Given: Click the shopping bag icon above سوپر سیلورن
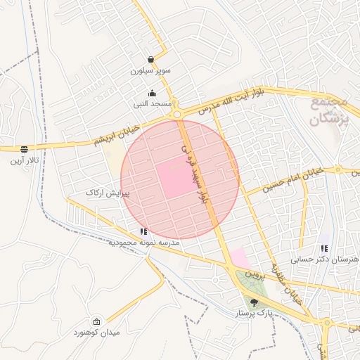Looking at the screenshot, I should pos(151,60).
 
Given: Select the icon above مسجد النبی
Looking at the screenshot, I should pos(152,93).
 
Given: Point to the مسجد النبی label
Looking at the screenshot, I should pos(153,104).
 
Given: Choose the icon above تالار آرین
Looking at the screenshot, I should pos(25,149).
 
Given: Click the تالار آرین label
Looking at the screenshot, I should pos(25,160).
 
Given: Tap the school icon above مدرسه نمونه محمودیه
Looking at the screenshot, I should pos(143,231).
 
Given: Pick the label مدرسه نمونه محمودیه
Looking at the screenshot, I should pos(143,242).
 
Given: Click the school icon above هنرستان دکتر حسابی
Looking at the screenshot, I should pos(323,248).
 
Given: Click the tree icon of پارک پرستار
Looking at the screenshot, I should pos(253,302).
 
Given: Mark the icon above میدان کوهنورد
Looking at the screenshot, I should pos(97,321).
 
